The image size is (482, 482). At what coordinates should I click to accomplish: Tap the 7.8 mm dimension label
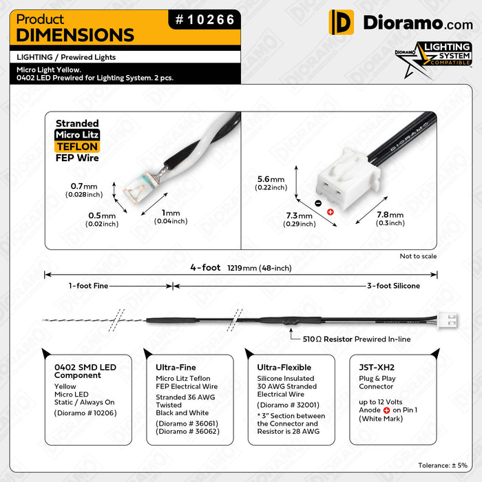(x=390, y=218)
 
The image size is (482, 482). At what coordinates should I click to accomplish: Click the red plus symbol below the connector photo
(x=330, y=211)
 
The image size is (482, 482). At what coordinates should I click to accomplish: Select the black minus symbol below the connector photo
(x=317, y=203)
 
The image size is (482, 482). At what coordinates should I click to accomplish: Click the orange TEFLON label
(x=76, y=147)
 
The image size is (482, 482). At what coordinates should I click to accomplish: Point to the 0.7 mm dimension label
(x=85, y=190)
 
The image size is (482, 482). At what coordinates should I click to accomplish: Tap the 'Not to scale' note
(x=418, y=256)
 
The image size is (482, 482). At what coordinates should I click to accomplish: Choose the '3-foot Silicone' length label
(x=393, y=285)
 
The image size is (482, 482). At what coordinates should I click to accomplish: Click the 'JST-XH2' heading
(x=377, y=367)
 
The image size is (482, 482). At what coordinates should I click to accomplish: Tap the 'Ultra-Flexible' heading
(x=284, y=367)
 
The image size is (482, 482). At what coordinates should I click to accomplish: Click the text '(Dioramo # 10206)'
(x=85, y=412)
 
